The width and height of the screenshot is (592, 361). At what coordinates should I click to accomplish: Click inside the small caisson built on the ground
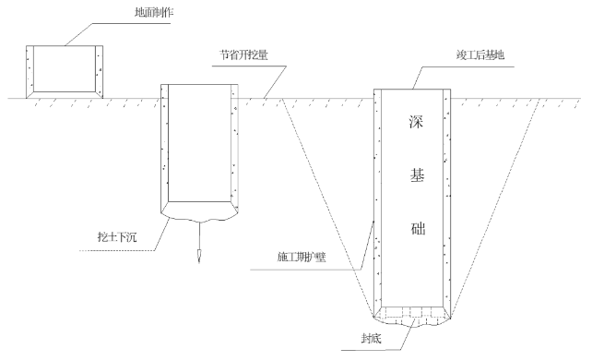click(x=65, y=68)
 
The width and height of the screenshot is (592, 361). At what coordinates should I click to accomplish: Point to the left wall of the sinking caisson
click(x=166, y=148)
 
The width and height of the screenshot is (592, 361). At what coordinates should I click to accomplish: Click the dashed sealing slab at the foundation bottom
click(x=412, y=313)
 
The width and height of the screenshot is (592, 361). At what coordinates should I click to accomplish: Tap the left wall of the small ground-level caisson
click(x=31, y=69)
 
